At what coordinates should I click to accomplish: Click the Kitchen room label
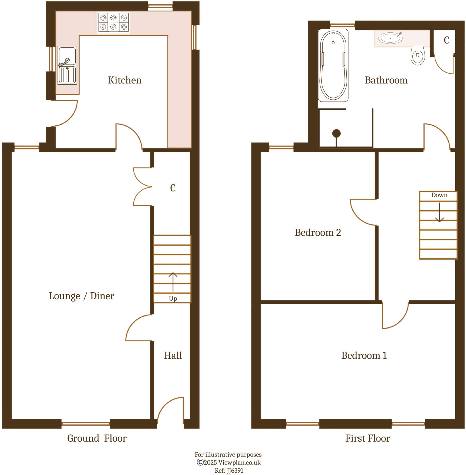tap(125, 80)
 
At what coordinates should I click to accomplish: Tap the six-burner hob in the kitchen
tap(113, 23)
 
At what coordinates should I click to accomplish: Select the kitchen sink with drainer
tap(67, 65)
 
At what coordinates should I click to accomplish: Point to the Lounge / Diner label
tap(81, 296)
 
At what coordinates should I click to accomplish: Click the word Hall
tap(173, 355)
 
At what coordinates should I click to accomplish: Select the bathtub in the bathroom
tap(333, 65)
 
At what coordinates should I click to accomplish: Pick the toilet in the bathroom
tap(418, 55)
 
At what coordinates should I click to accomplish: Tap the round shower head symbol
tap(336, 134)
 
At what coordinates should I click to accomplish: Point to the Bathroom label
tap(386, 80)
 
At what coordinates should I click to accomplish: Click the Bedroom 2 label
tap(318, 233)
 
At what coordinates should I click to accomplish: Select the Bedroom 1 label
tap(364, 355)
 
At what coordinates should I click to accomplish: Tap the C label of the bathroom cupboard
tap(446, 40)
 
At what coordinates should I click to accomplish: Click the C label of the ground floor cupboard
tap(173, 188)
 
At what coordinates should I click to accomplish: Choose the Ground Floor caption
tap(97, 438)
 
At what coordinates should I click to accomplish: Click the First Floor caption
tap(367, 438)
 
